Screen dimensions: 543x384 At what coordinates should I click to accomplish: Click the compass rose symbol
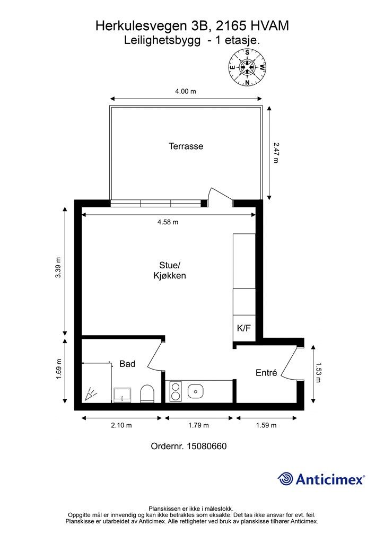point(247,67)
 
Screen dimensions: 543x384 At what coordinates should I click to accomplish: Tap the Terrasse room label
point(186,146)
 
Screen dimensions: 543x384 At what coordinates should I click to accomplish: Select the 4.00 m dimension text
point(186,91)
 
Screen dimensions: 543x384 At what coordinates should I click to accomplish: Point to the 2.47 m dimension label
point(275,152)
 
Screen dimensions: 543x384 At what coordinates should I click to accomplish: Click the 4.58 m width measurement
point(168,222)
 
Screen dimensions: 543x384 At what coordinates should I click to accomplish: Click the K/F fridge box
point(244,328)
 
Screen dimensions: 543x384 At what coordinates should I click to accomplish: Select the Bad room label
point(127,364)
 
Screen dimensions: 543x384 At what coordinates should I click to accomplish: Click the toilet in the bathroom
point(147,393)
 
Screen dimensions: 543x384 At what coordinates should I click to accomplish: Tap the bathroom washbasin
point(123,394)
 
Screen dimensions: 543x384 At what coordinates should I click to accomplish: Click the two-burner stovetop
point(175,391)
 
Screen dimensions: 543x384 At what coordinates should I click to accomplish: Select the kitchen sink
point(196,391)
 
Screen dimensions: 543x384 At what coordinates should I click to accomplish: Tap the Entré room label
point(266,373)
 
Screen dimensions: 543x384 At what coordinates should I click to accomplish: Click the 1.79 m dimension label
point(198,425)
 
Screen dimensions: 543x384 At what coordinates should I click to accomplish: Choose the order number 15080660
point(189,446)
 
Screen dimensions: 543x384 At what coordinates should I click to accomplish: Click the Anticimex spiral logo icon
point(285,479)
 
